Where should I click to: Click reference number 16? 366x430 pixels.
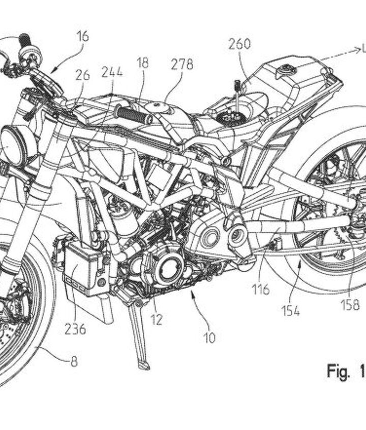click(83, 36)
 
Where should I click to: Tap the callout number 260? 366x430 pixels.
click(239, 44)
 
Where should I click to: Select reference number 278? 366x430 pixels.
click(182, 64)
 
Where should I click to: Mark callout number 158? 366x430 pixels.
click(351, 305)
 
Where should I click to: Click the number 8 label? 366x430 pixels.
click(75, 363)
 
